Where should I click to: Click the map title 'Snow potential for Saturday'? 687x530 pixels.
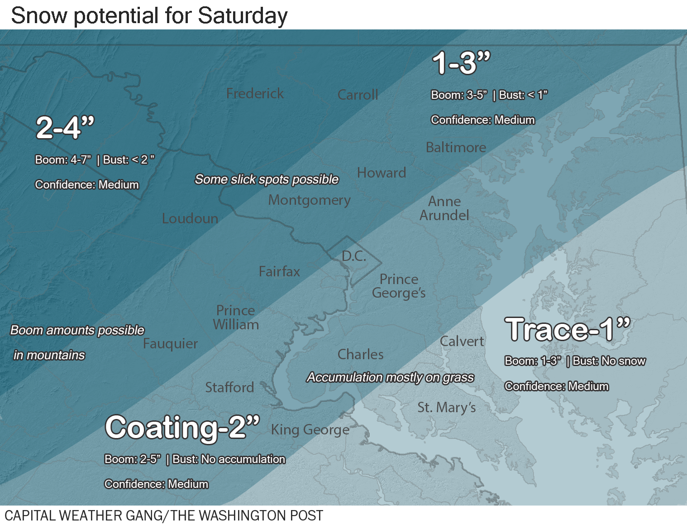pos(149,15)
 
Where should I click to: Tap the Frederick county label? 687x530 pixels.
pos(255,93)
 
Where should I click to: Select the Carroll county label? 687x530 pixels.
pos(358,95)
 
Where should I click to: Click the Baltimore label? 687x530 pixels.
pos(456,147)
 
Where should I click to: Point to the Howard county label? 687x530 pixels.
pos(381,173)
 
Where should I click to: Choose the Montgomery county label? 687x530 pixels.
pos(309,200)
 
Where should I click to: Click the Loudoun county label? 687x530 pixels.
pos(190,218)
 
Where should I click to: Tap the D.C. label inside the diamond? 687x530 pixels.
pos(354,256)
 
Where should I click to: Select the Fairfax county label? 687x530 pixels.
pos(279,271)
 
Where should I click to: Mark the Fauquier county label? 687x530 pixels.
pos(170,344)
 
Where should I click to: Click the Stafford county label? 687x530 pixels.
pos(229,387)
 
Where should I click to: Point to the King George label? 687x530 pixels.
pos(310,429)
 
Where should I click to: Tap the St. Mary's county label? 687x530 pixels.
pos(446,407)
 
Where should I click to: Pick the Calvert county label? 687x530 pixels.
pos(462,341)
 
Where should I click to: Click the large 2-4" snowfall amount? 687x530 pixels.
pos(65,127)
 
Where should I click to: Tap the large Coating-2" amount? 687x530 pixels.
pos(182,427)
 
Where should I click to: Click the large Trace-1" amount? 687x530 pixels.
pos(568,329)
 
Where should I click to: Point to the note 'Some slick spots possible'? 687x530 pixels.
pos(267,179)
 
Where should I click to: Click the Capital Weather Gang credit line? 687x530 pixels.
pos(164,516)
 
